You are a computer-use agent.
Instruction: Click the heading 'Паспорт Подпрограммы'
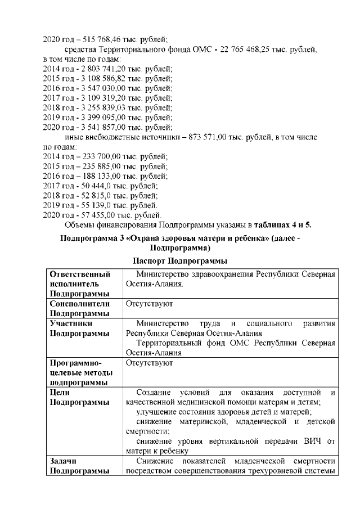(179, 261)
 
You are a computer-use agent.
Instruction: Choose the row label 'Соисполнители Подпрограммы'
(79, 308)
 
